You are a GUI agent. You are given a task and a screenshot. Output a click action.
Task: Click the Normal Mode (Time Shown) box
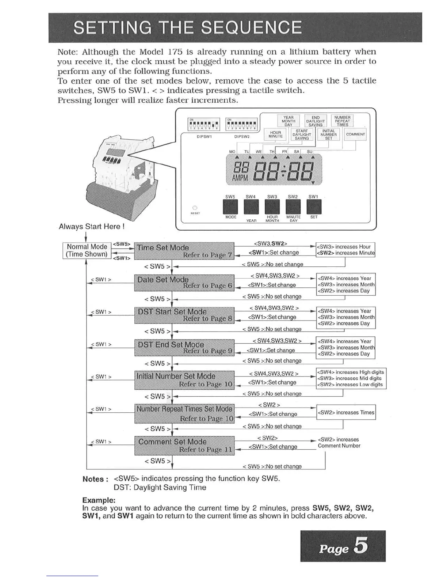click(x=87, y=250)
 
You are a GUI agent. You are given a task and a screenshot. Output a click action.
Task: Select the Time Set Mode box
click(x=184, y=251)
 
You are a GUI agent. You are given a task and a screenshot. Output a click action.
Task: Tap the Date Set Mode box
click(x=184, y=283)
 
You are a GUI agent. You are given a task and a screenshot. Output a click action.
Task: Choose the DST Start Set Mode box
click(x=184, y=315)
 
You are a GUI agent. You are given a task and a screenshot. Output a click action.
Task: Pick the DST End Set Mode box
click(x=184, y=348)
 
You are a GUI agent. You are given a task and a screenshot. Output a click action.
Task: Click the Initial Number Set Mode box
click(x=184, y=380)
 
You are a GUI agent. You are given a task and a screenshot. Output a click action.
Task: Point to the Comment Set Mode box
click(x=184, y=446)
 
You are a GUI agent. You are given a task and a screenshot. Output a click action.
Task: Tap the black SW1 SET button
click(x=314, y=207)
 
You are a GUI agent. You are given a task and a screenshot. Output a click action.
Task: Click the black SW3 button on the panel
click(x=272, y=207)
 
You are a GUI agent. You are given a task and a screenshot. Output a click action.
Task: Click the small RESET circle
click(x=195, y=208)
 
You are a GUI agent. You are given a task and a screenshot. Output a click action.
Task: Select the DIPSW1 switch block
click(x=204, y=124)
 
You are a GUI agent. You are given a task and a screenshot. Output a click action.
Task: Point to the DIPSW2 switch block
click(x=242, y=124)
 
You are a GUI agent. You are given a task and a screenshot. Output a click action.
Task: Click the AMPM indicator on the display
click(x=240, y=178)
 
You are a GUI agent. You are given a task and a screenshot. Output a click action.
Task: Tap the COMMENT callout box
click(x=355, y=134)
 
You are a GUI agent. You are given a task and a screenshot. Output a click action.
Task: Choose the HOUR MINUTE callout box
click(x=275, y=135)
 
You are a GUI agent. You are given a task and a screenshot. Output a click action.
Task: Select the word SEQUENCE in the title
click(x=252, y=28)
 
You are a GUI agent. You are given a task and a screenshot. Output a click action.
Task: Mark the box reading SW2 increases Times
click(x=346, y=413)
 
